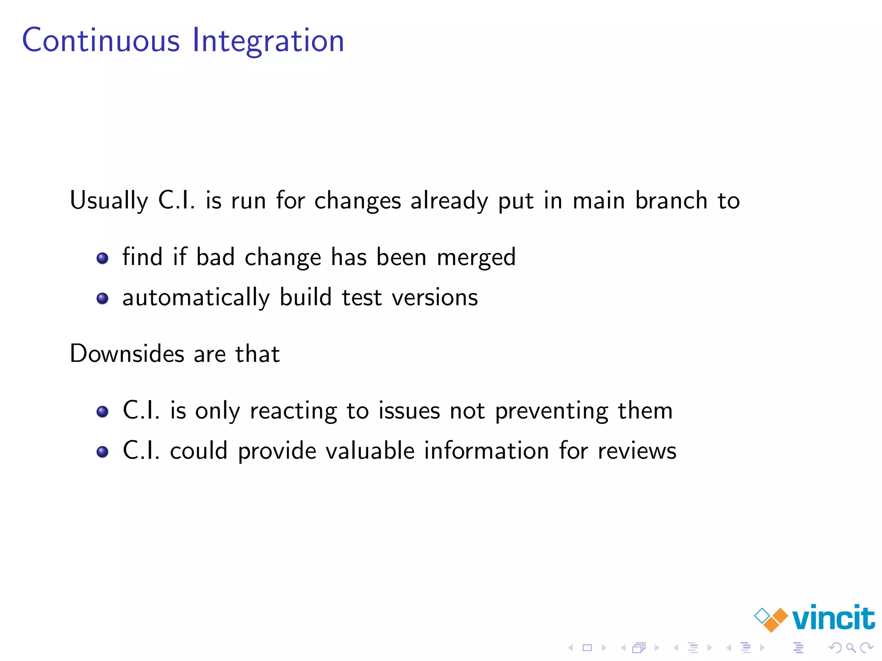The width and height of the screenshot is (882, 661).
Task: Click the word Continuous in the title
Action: (x=101, y=40)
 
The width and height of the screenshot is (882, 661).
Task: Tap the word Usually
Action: (x=109, y=201)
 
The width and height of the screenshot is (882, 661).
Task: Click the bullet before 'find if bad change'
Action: (x=102, y=258)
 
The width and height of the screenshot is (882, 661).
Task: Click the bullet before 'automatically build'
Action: (x=102, y=298)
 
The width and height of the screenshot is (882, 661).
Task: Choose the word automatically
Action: (x=196, y=298)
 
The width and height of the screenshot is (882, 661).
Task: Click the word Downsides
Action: (x=127, y=354)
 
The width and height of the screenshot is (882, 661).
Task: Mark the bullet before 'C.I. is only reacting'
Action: (x=102, y=412)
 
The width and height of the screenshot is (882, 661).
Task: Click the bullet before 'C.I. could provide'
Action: (x=102, y=452)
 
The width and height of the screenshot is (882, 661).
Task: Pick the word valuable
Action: (x=370, y=451)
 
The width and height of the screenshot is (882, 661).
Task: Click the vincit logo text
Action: (x=833, y=618)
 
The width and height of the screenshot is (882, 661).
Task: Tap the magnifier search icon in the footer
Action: (x=851, y=647)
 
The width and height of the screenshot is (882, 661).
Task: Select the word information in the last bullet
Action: (x=486, y=451)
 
